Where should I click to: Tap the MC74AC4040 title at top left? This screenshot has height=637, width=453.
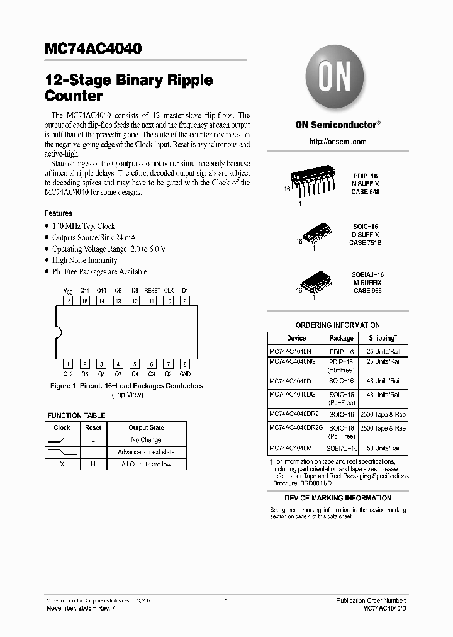click(x=93, y=48)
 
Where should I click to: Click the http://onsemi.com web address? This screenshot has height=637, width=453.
click(x=337, y=142)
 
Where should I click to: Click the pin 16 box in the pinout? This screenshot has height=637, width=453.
click(x=68, y=301)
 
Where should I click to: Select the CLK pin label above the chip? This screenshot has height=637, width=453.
click(x=169, y=291)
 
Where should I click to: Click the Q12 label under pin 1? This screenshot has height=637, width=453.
click(x=68, y=374)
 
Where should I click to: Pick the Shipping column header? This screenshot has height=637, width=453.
click(x=382, y=338)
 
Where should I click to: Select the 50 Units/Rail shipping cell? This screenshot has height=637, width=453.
click(x=383, y=448)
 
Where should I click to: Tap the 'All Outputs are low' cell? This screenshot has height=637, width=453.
click(x=146, y=464)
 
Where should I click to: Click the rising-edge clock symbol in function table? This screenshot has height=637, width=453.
click(x=62, y=439)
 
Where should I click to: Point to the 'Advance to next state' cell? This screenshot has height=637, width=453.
click(x=146, y=452)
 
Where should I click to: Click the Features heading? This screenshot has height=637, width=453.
click(x=59, y=213)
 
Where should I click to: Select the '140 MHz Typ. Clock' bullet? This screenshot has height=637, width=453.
click(x=84, y=226)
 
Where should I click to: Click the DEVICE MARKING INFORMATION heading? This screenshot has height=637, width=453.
click(x=338, y=498)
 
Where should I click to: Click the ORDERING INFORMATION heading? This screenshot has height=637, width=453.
click(x=337, y=325)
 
